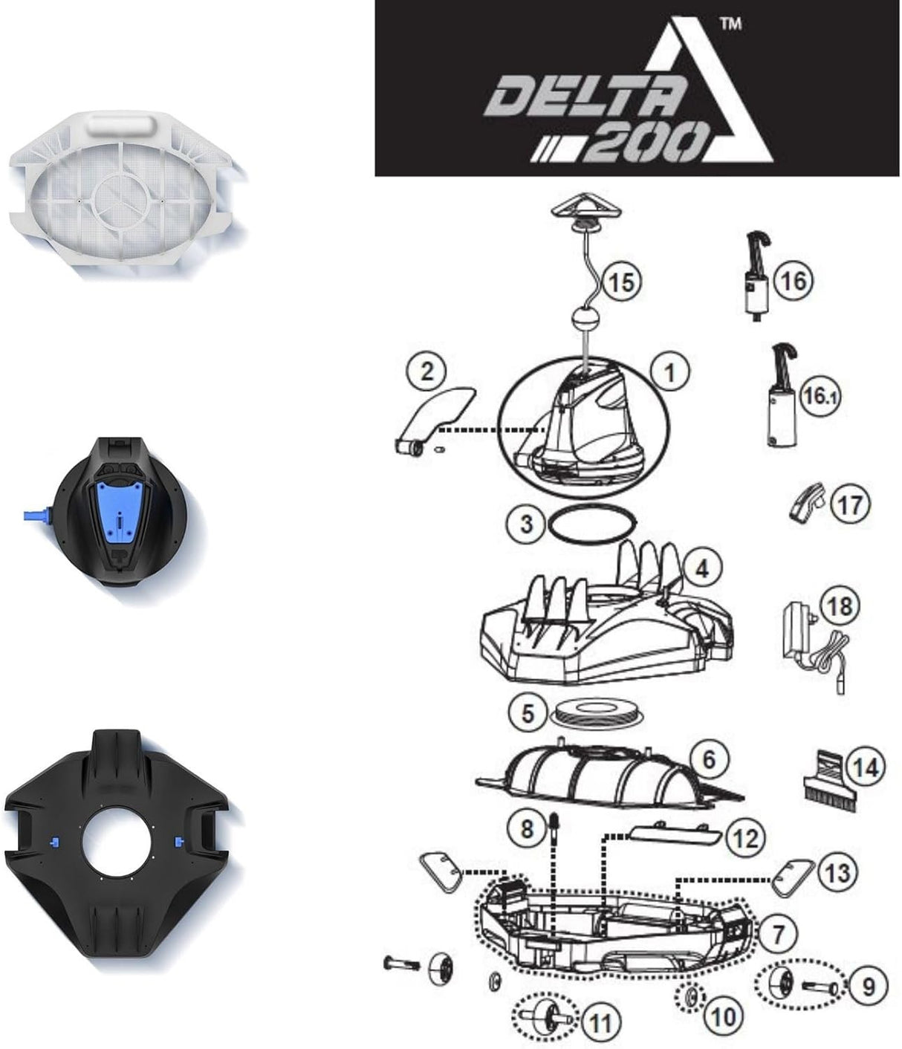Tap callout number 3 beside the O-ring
526,524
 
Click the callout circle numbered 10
722,1015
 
